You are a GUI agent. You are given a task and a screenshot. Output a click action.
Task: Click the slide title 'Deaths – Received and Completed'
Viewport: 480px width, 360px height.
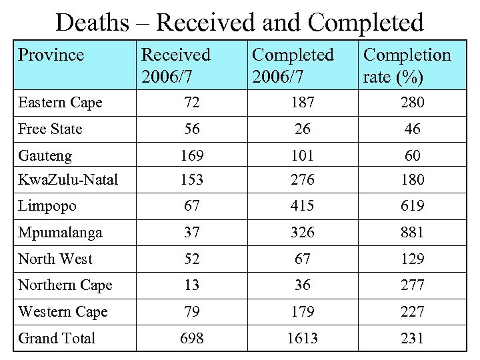[239, 23]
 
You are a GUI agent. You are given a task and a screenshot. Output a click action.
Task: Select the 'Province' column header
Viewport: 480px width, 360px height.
[51, 55]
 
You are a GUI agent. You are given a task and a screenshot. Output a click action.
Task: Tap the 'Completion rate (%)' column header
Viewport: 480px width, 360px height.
[406, 66]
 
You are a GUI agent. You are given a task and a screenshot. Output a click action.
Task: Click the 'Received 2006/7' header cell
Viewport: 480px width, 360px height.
[176, 66]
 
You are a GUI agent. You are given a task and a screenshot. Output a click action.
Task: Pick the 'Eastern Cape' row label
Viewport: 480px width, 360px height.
[60, 103]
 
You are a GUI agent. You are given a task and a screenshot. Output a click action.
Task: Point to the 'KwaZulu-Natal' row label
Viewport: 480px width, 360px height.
[68, 179]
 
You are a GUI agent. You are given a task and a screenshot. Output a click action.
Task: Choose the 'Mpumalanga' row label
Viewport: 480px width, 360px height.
[60, 233]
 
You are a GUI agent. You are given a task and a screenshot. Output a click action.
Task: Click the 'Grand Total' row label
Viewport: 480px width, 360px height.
[57, 338]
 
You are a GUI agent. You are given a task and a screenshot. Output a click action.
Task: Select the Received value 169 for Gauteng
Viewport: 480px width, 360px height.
[193, 156]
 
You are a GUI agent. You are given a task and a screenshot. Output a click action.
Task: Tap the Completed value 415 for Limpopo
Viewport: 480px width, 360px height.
[303, 206]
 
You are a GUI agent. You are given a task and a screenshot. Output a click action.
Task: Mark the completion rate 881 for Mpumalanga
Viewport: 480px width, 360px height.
[413, 233]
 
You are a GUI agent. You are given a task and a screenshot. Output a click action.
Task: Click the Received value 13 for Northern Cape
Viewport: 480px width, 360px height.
[193, 285]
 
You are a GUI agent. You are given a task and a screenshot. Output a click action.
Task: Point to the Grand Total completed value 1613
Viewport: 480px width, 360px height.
[303, 338]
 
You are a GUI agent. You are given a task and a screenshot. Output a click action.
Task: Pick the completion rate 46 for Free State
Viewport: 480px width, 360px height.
[413, 129]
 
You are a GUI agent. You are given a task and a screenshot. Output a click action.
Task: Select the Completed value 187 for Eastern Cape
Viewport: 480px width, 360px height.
[303, 103]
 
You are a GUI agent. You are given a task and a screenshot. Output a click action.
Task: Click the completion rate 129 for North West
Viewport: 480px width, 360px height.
[413, 259]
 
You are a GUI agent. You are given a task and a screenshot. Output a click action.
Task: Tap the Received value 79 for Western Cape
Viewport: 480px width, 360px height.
[193, 311]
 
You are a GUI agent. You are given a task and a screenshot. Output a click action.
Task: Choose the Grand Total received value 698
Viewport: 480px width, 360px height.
[193, 338]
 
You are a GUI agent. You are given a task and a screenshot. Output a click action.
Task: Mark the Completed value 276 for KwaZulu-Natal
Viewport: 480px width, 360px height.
[303, 179]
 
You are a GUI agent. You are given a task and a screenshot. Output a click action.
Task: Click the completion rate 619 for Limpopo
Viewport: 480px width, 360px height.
[413, 206]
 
